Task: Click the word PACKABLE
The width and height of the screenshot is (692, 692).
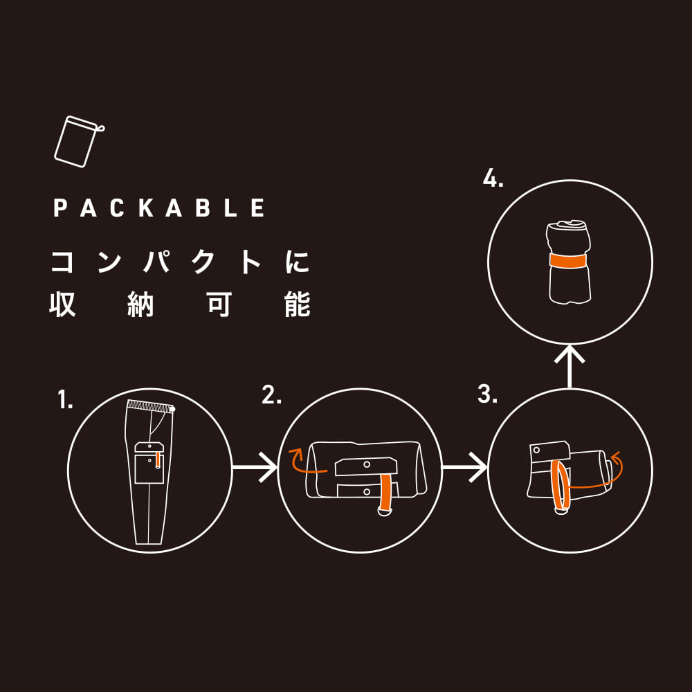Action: click(x=159, y=208)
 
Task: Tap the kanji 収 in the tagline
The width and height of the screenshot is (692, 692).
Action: click(x=62, y=304)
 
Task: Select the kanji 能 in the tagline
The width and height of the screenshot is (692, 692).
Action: click(x=298, y=304)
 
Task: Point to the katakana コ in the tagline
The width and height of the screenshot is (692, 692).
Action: click(x=62, y=262)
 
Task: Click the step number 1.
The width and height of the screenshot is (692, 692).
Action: click(x=65, y=399)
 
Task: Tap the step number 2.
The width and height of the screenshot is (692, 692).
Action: click(x=271, y=394)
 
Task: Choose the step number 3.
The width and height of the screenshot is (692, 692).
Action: click(x=487, y=394)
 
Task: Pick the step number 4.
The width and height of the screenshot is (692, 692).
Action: click(x=493, y=178)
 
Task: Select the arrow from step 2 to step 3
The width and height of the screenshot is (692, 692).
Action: click(x=465, y=467)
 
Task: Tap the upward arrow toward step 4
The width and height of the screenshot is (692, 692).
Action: click(x=570, y=366)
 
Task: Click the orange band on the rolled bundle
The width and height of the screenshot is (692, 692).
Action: click(x=568, y=260)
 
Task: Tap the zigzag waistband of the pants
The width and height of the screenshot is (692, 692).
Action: click(x=150, y=406)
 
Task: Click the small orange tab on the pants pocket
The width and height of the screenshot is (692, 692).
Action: click(x=158, y=460)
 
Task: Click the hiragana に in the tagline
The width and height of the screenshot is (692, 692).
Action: click(x=297, y=262)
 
